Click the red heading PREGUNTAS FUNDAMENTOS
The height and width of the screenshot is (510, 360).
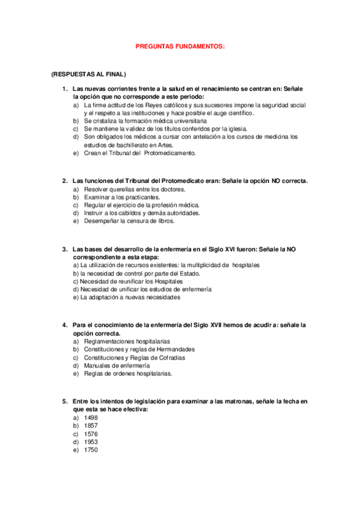(x=179, y=46)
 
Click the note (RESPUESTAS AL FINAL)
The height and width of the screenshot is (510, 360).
(x=88, y=74)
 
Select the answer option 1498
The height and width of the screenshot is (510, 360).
(x=91, y=417)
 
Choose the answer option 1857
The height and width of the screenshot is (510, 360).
(x=91, y=425)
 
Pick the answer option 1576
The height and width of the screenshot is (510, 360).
(x=91, y=434)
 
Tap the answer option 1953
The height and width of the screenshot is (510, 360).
(x=91, y=441)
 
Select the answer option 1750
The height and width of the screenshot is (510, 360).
(x=91, y=450)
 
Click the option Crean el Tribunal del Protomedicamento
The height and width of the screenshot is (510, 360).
(x=139, y=153)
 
